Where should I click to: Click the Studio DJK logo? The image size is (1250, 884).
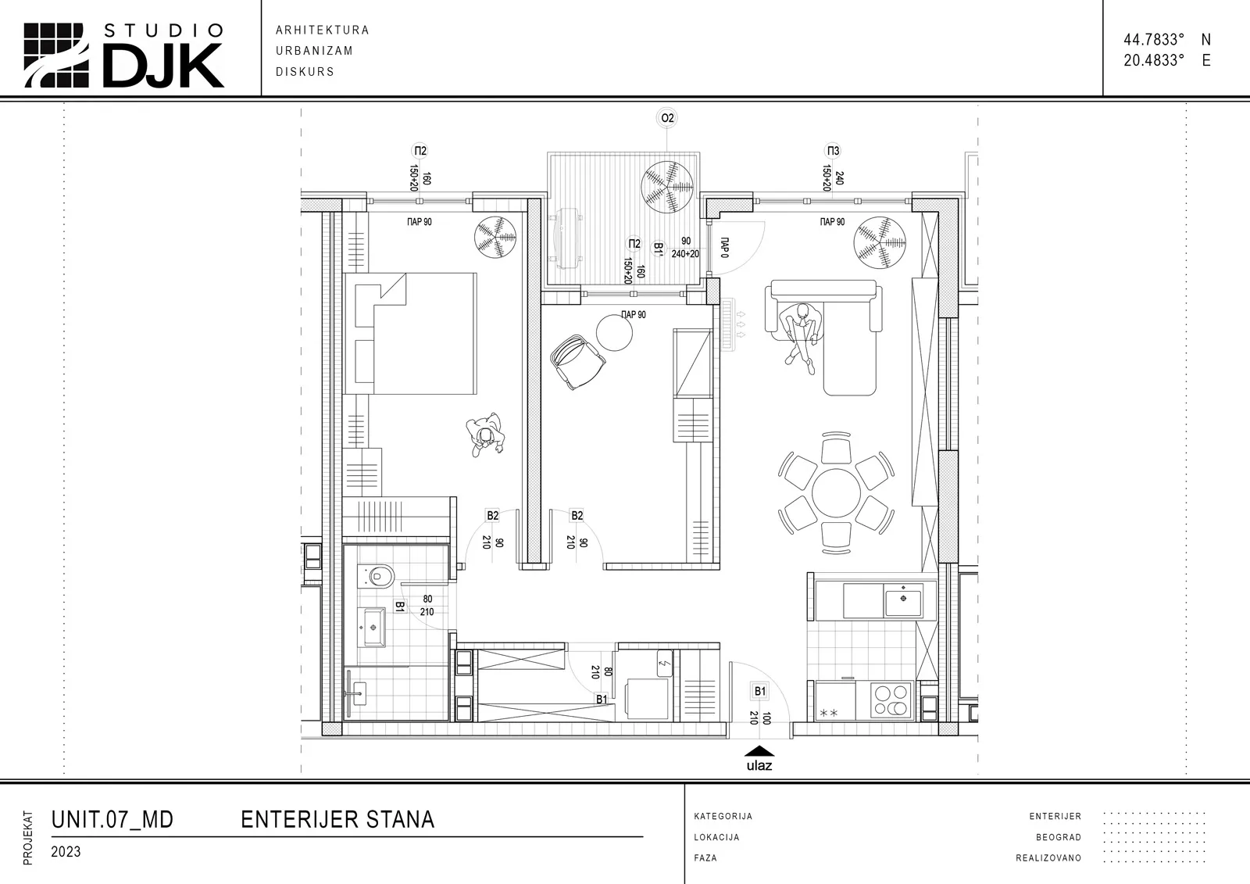pos(123,55)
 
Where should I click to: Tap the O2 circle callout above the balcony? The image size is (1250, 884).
pos(667,118)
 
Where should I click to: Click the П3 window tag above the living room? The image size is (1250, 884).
pos(833,151)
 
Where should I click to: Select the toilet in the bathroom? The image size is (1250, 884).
pos(376,576)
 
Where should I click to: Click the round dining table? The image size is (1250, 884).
pos(836,493)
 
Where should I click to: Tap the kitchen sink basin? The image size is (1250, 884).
pos(902,599)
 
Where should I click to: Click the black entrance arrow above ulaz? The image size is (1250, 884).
pos(759,751)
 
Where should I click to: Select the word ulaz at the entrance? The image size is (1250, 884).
pos(759,766)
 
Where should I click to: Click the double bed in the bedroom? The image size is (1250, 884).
pos(410,334)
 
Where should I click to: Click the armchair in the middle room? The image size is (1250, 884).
pos(577,362)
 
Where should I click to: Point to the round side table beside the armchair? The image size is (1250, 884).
pos(614,333)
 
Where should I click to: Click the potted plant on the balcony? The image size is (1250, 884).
pos(667,187)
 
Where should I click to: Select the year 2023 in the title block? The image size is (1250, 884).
pos(66,852)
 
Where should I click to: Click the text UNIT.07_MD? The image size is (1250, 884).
pos(112,820)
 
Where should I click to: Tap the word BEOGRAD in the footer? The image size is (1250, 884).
pos(1059,837)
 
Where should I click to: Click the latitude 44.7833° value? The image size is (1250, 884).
pos(1154,40)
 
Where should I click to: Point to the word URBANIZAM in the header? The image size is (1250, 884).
pos(314,51)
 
